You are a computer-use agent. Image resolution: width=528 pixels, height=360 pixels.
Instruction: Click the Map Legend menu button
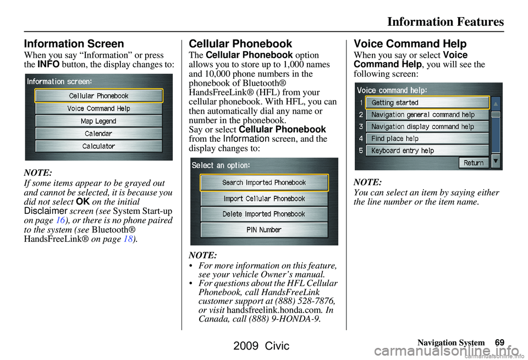click(x=98, y=121)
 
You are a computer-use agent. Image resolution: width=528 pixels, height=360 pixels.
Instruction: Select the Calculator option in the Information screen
click(x=98, y=146)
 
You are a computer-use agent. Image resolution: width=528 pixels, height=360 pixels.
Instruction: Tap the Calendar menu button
click(x=98, y=134)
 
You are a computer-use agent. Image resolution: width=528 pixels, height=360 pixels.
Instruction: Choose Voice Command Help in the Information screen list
click(x=98, y=109)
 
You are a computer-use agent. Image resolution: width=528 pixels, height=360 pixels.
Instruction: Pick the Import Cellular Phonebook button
click(x=265, y=199)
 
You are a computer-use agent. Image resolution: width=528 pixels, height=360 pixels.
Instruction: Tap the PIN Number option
click(x=265, y=230)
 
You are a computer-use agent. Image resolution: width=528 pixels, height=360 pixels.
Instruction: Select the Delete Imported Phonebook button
click(x=265, y=214)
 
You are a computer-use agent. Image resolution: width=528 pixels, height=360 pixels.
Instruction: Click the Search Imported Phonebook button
click(x=265, y=182)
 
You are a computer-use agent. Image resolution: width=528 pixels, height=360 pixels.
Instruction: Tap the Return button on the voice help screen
click(x=474, y=163)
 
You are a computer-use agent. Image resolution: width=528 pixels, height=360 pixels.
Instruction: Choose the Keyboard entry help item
click(x=427, y=151)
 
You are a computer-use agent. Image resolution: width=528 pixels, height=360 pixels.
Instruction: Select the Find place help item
click(x=427, y=139)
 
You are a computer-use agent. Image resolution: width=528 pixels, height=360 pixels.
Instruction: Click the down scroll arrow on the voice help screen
click(x=496, y=161)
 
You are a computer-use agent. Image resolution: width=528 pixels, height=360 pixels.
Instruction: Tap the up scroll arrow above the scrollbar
click(x=496, y=104)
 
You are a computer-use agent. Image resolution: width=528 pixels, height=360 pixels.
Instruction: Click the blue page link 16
click(x=61, y=220)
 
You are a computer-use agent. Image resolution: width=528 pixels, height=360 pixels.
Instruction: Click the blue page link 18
click(x=128, y=239)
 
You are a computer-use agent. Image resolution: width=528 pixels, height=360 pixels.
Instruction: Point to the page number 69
click(x=500, y=342)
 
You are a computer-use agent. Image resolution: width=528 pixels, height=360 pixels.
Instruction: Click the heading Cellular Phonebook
click(x=240, y=44)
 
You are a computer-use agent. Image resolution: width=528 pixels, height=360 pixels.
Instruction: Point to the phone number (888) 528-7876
click(x=305, y=301)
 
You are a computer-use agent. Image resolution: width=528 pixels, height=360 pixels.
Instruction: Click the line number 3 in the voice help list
click(x=361, y=126)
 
